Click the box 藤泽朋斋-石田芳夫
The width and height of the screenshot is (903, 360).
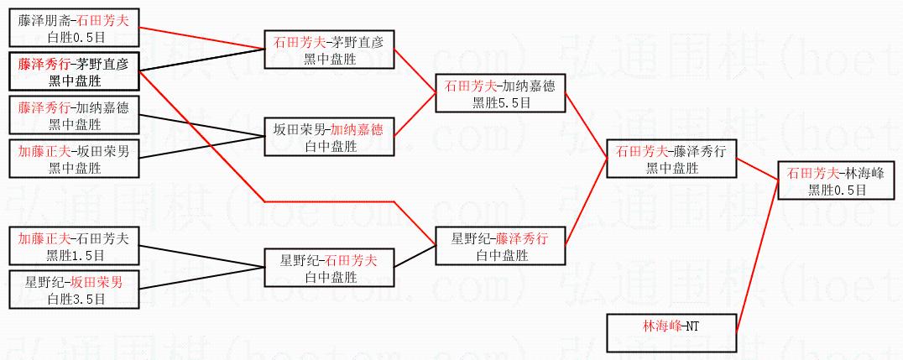click(x=74, y=27)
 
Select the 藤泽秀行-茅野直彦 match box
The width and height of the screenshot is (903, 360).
click(x=74, y=71)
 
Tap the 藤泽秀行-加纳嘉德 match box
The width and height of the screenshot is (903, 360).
click(x=74, y=116)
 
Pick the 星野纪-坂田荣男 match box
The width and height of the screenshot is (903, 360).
click(x=74, y=290)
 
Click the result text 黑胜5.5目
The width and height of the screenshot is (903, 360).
click(x=501, y=102)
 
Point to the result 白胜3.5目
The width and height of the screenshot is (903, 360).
click(x=74, y=299)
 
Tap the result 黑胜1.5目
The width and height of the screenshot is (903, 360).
click(x=74, y=255)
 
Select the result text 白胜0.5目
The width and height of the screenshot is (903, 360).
click(x=74, y=36)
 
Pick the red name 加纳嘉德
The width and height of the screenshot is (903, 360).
click(x=356, y=129)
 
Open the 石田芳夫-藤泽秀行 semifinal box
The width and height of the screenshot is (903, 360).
click(x=671, y=159)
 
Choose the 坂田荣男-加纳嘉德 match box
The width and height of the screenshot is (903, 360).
click(x=328, y=138)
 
